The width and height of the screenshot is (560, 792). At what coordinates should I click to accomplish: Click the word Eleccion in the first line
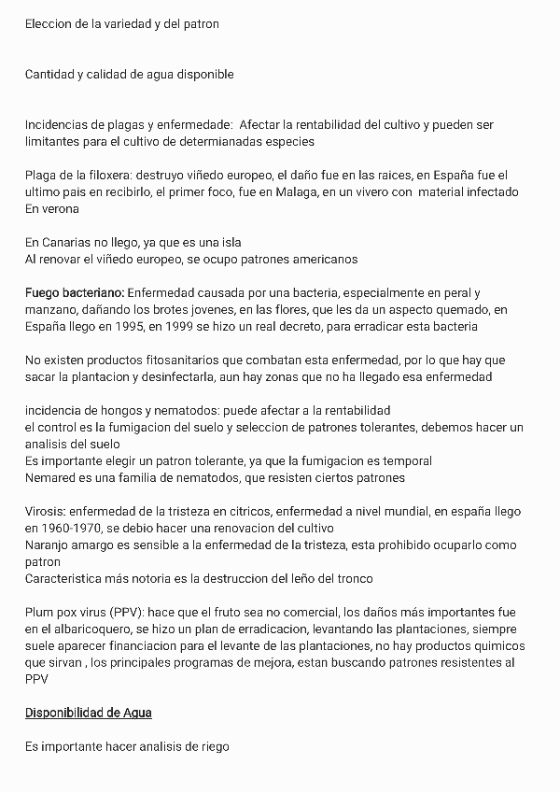(x=49, y=23)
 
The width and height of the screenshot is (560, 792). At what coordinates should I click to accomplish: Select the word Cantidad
(x=51, y=74)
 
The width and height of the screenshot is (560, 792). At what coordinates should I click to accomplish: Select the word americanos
(x=324, y=259)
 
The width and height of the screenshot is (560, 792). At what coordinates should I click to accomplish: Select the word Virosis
(x=48, y=512)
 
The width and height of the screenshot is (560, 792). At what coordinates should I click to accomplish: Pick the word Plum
(x=41, y=613)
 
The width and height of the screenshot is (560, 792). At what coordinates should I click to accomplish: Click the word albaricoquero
(x=85, y=629)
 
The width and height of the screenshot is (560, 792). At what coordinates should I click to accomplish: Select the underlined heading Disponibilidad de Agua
(x=89, y=714)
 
